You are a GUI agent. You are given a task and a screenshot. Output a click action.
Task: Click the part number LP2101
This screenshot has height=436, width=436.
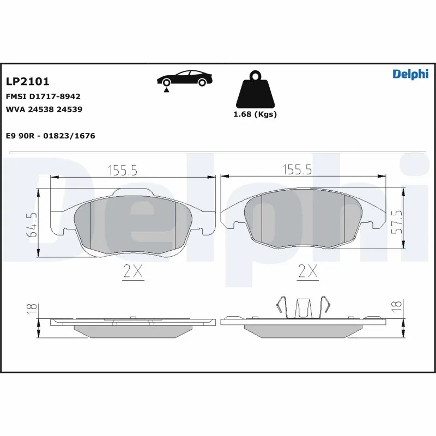coord(28,82)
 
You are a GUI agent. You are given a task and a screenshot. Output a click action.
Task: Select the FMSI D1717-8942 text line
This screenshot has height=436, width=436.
coord(43,96)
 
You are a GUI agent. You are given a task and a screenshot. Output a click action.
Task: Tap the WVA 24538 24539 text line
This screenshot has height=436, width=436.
coord(44,109)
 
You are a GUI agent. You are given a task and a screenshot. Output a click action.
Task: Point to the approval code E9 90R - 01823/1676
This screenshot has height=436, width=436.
coord(50,136)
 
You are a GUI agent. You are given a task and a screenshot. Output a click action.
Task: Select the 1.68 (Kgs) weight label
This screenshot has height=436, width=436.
coord(255,114)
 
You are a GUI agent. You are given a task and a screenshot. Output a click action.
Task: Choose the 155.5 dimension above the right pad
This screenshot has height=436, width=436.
coord(296,171)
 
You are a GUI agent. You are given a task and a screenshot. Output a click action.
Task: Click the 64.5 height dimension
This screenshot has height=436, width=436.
coord(33,224)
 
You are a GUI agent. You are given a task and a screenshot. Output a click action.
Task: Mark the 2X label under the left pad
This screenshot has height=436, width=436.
coord(132,271)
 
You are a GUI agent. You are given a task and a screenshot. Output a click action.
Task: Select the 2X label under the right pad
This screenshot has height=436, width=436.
coord(308,271)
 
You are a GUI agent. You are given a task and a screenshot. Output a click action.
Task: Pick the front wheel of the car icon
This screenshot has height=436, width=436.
coord(203,82)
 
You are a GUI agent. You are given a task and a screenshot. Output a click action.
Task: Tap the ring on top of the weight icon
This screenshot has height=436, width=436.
coord(255,75)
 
